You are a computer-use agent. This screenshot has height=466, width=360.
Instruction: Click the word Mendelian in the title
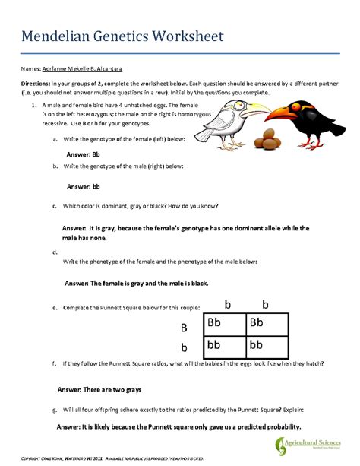point(58,36)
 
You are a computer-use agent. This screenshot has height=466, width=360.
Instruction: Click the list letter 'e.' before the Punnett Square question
point(55,309)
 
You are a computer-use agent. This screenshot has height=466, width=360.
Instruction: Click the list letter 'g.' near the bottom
point(55,411)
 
